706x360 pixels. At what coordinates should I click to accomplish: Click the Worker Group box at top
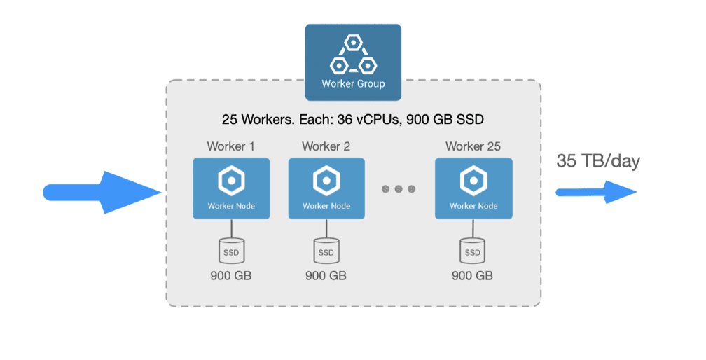pyautogui.click(x=353, y=62)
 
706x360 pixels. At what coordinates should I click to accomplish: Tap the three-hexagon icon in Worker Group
pyautogui.click(x=353, y=55)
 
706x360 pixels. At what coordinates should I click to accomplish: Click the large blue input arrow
pyautogui.click(x=102, y=191)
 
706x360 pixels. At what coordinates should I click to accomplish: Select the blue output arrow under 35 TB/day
pyautogui.click(x=596, y=191)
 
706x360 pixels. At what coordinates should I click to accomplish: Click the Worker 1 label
pyautogui.click(x=230, y=146)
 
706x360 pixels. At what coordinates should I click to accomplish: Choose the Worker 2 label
pyautogui.click(x=326, y=146)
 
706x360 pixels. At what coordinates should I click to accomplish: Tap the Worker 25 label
pyautogui.click(x=473, y=146)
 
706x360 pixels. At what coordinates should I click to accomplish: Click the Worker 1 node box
pyautogui.click(x=230, y=188)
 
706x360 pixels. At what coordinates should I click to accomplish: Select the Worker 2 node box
pyautogui.click(x=326, y=188)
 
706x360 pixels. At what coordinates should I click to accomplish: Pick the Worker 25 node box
pyautogui.click(x=473, y=188)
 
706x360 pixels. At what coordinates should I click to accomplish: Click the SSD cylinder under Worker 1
pyautogui.click(x=230, y=250)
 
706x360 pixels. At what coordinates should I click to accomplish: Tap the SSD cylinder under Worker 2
pyautogui.click(x=326, y=250)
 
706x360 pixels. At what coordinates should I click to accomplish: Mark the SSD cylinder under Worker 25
pyautogui.click(x=473, y=250)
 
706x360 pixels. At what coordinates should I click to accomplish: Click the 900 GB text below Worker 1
pyautogui.click(x=230, y=276)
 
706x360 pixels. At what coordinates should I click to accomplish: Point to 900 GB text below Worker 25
pyautogui.click(x=473, y=276)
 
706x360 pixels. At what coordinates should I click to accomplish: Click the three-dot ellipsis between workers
pyautogui.click(x=399, y=189)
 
